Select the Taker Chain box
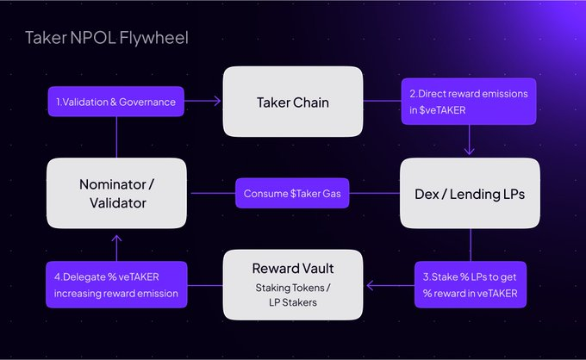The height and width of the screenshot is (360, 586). click(x=291, y=102)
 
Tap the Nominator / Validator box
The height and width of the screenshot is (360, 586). click(x=116, y=193)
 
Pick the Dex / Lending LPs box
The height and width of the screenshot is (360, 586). click(x=470, y=193)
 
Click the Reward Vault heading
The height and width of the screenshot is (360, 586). click(x=291, y=270)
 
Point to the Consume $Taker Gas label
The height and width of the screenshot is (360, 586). click(x=291, y=193)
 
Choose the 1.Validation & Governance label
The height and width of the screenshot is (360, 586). click(x=115, y=102)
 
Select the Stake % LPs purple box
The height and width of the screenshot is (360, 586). click(x=470, y=284)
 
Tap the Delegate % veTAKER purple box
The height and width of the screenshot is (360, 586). click(x=115, y=284)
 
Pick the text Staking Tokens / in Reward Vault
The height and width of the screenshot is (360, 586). click(x=291, y=288)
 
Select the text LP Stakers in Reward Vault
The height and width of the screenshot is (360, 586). click(x=291, y=301)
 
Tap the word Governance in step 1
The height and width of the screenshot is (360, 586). click(x=147, y=102)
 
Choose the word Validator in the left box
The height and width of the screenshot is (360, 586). click(x=116, y=202)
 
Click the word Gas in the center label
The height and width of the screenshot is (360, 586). click(x=331, y=193)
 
